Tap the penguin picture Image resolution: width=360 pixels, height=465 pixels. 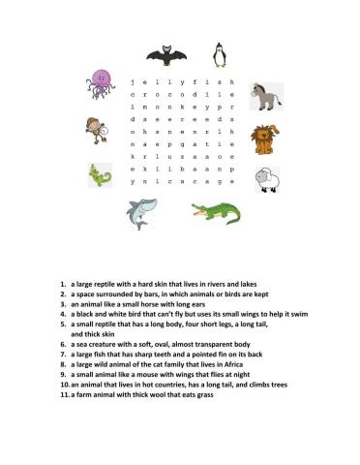(220, 54)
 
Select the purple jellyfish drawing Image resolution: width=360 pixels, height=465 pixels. (101, 83)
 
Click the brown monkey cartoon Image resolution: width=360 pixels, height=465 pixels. (93, 129)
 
